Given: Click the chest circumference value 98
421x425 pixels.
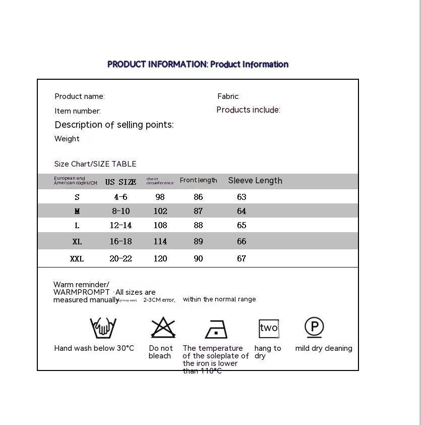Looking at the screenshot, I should (x=160, y=197).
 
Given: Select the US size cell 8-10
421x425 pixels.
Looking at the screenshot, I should (x=121, y=211).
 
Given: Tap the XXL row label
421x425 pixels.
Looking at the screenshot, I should (x=77, y=258).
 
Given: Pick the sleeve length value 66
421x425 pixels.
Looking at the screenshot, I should (x=242, y=241).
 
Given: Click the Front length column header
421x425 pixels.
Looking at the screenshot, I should (x=198, y=180).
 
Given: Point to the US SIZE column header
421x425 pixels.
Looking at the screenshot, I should (x=121, y=182).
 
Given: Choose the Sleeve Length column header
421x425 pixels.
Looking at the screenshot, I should (x=255, y=181).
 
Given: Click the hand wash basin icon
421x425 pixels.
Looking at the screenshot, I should (x=103, y=328).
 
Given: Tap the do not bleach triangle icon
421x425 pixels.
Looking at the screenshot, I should (x=163, y=328).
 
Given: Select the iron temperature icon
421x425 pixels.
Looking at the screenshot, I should (x=216, y=329).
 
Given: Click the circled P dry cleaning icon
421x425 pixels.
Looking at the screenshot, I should (x=314, y=327).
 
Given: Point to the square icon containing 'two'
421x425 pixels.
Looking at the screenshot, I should (x=268, y=328).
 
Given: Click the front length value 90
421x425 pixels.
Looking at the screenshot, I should (x=198, y=258).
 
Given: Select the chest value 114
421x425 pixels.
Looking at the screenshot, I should (x=160, y=241).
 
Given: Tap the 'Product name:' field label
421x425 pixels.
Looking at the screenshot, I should (x=80, y=96).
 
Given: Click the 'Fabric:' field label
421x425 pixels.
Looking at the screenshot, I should (x=228, y=96).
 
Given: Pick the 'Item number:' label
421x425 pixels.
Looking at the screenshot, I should (x=78, y=111).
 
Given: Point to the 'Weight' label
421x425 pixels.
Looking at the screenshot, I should (x=67, y=139).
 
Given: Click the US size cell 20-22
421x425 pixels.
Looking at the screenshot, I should (x=121, y=258).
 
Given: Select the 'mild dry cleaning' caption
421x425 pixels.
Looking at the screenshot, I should (x=324, y=348).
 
